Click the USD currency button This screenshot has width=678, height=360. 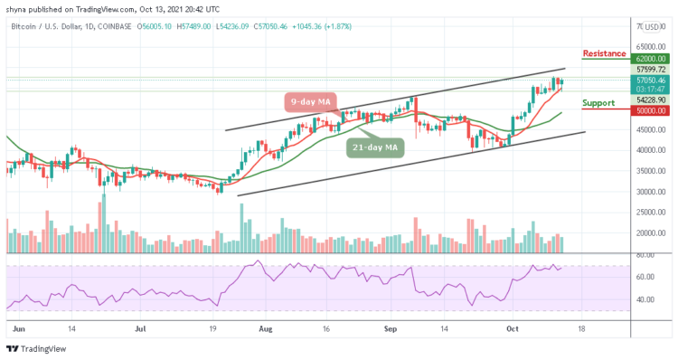pos(650,27)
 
